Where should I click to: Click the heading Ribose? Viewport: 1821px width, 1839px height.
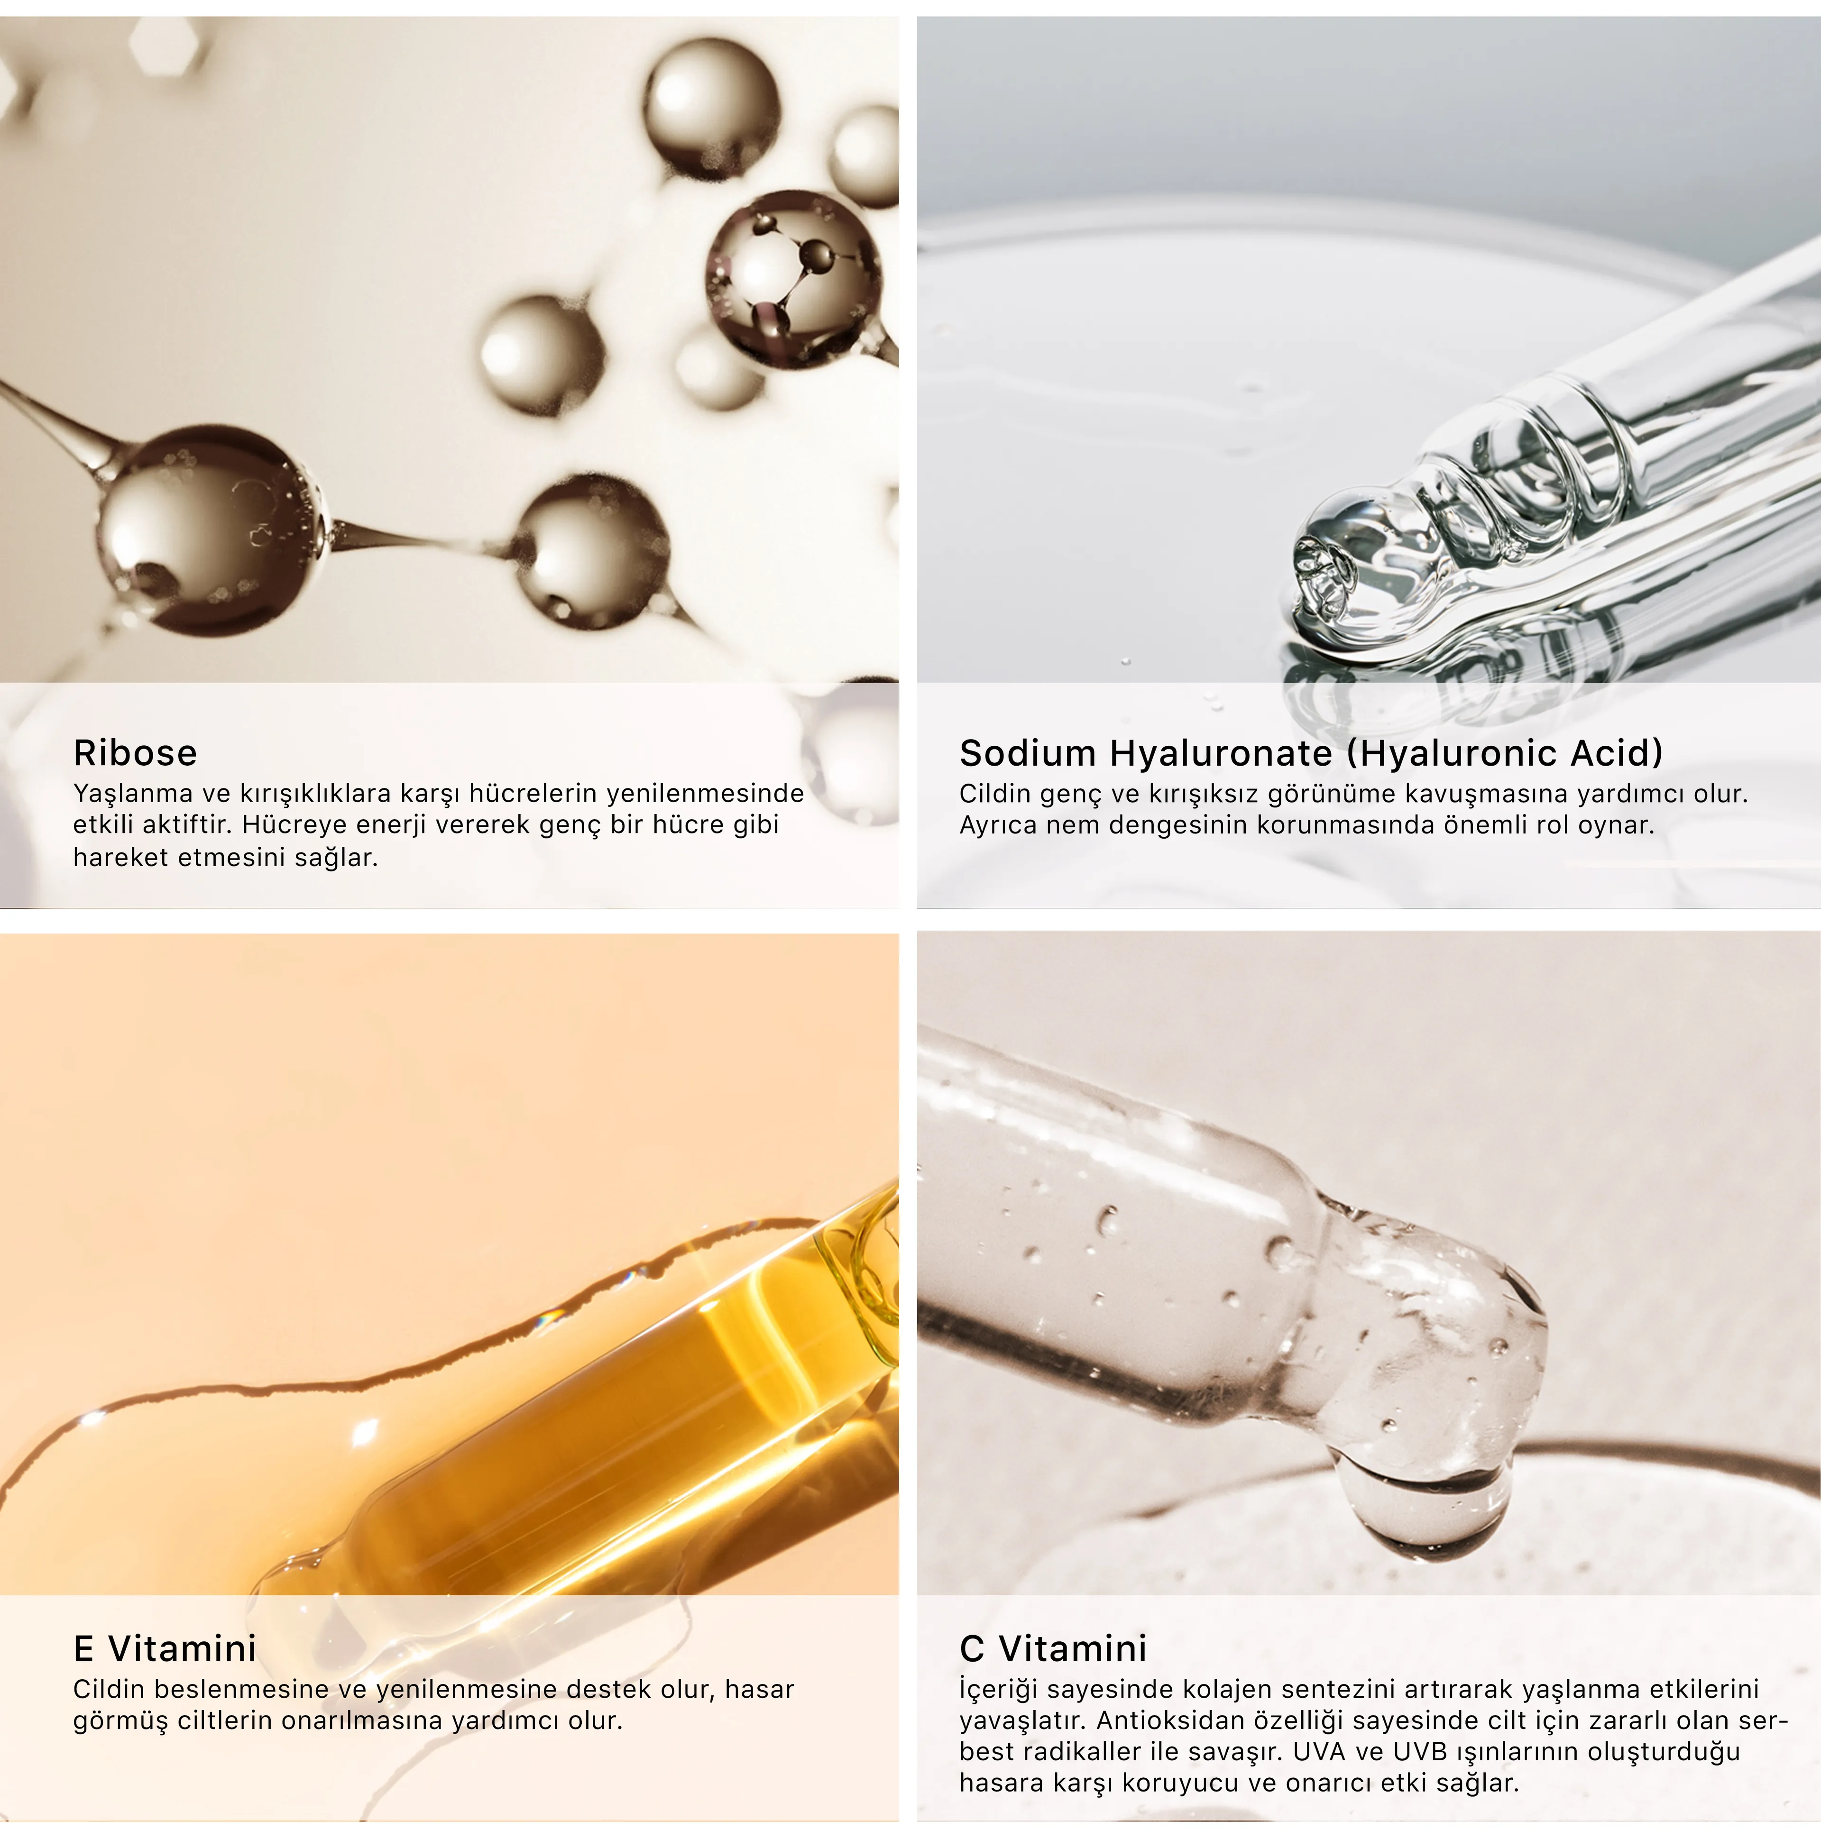pos(135,753)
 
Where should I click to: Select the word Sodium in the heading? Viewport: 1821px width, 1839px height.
pos(1027,753)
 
